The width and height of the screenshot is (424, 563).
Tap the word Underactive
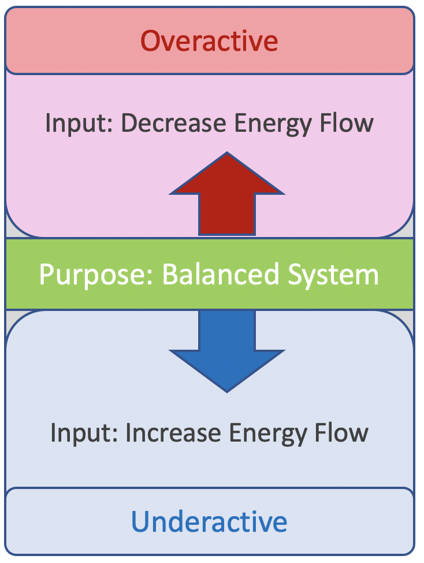pos(209,521)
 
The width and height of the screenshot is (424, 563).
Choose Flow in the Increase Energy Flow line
pos(344,432)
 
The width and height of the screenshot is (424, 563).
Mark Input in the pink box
pos(68,123)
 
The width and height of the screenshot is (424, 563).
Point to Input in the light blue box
pos(73,432)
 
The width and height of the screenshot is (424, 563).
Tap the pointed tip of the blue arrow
pos(227,389)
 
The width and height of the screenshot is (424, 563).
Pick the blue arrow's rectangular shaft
pos(227,329)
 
